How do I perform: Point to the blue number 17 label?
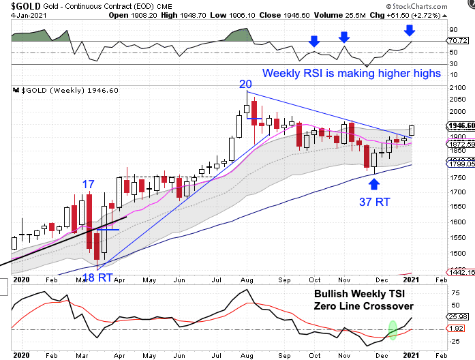pyautogui.click(x=88, y=185)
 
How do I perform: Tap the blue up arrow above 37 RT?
pyautogui.click(x=374, y=183)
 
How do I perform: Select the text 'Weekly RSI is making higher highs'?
pyautogui.click(x=352, y=73)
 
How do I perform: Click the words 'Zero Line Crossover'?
pyautogui.click(x=364, y=306)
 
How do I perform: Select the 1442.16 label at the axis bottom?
pyautogui.click(x=460, y=272)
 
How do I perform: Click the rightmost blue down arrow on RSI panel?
pyautogui.click(x=409, y=30)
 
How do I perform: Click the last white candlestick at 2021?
pyautogui.click(x=412, y=130)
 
